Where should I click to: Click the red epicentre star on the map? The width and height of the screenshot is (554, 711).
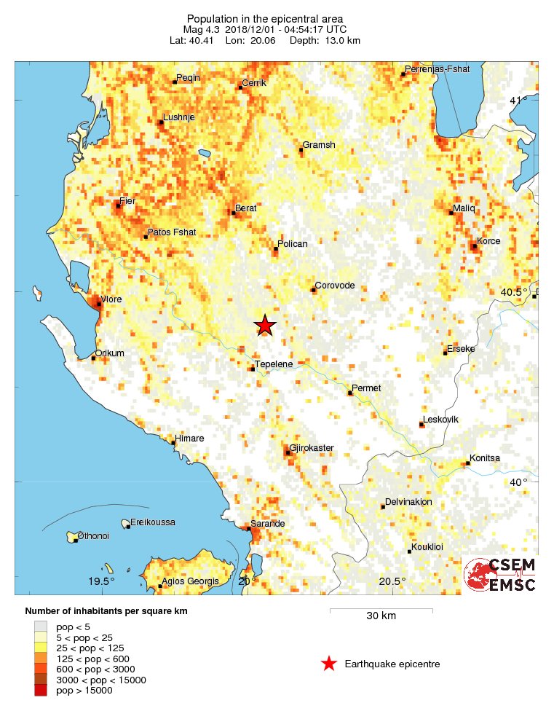coord(265,326)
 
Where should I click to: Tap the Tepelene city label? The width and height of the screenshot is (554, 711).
coord(273,363)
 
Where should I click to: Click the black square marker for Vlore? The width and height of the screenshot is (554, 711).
coord(99,305)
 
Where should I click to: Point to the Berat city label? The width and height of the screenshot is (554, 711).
coord(245,208)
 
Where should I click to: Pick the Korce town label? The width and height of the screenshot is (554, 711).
coord(488,240)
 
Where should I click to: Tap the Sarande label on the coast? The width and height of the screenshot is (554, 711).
coord(268,524)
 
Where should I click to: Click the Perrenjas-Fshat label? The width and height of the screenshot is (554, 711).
coord(438,69)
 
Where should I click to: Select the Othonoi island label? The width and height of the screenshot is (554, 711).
coord(93,535)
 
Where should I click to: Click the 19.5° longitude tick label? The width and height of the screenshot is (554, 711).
coord(102,581)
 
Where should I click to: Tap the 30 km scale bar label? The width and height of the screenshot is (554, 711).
coord(381,616)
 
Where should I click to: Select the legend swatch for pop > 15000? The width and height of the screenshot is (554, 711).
coord(41,690)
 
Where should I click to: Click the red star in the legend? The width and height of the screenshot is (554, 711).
coord(329,664)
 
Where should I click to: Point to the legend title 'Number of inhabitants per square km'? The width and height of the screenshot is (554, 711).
coord(106,611)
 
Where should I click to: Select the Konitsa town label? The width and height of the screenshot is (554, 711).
coord(485,457)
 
